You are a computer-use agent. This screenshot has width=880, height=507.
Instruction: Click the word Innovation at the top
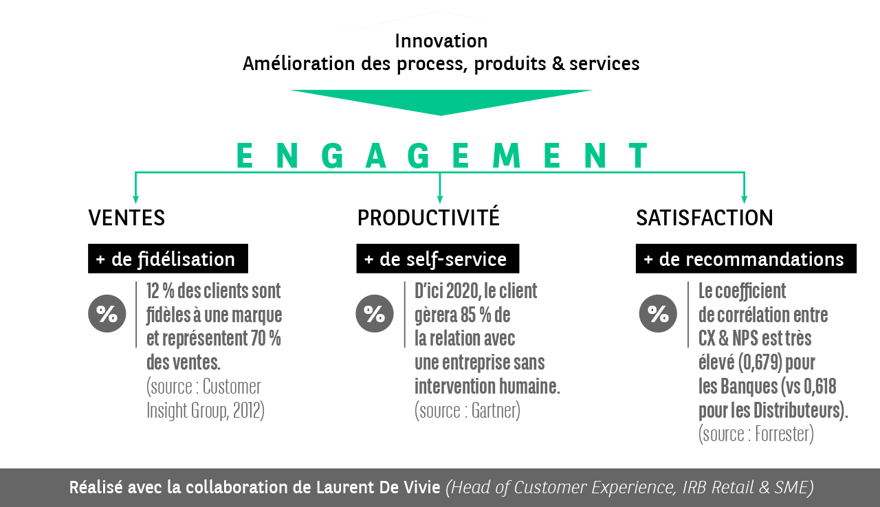click(x=441, y=41)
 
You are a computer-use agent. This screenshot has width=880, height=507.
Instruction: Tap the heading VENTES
click(x=126, y=218)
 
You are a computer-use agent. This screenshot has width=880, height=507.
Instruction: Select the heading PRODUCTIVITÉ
click(x=428, y=218)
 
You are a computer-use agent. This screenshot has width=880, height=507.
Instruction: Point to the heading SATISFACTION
click(x=704, y=218)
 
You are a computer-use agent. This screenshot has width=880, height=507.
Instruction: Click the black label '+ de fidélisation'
click(x=168, y=259)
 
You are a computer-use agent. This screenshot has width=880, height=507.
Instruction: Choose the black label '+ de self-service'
click(x=437, y=259)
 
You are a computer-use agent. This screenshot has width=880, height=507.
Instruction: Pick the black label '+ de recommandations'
click(x=746, y=259)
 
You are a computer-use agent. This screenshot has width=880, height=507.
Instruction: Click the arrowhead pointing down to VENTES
click(x=135, y=199)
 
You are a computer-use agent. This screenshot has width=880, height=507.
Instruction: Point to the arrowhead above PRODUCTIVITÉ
click(x=440, y=199)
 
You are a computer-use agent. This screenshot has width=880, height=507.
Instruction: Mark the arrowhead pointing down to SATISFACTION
click(x=744, y=199)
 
